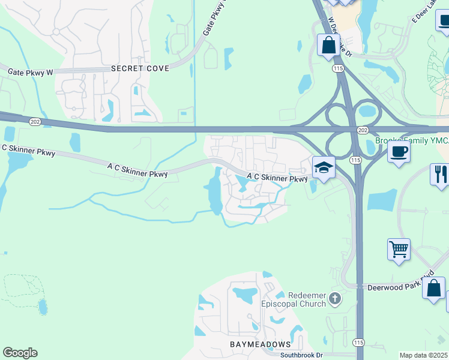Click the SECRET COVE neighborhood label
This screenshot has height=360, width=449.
point(140,68)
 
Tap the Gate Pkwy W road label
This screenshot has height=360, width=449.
point(31,72)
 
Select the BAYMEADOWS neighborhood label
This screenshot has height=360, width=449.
point(261,344)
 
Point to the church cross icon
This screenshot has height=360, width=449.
point(336,298)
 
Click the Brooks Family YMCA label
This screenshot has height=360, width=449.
point(412,141)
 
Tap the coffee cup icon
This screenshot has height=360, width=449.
point(399,152)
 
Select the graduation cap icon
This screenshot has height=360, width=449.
point(323,167)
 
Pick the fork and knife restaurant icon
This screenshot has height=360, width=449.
point(440,175)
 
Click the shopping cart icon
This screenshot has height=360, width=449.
point(399,248)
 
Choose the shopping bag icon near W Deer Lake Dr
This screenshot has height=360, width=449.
point(328,45)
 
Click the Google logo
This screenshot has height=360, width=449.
point(20,353)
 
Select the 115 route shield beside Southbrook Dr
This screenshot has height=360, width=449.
point(360,342)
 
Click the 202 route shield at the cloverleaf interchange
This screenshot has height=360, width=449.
point(362,130)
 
